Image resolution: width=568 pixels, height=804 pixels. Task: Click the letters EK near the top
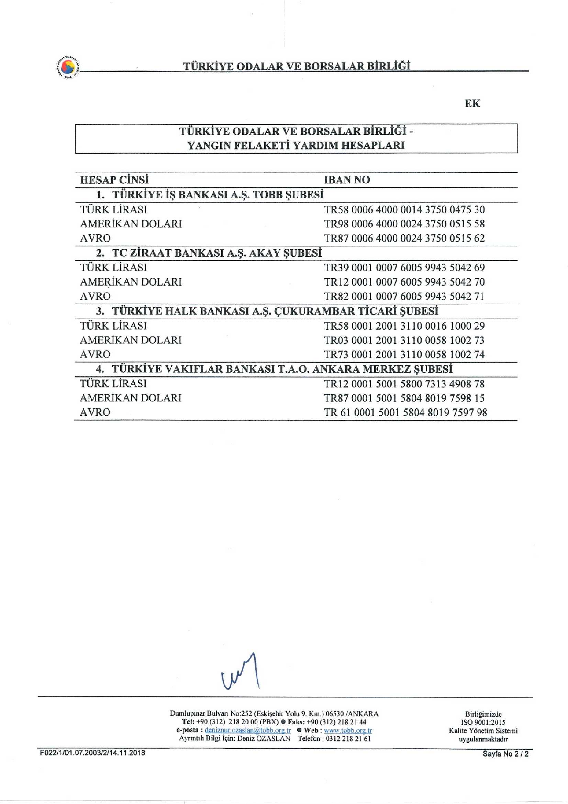pos(472,104)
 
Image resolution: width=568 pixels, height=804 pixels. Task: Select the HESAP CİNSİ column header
pos(114,180)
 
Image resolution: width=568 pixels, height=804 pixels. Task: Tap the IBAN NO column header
pos(346,180)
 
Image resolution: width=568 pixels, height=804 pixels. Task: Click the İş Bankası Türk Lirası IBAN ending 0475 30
pos(404,210)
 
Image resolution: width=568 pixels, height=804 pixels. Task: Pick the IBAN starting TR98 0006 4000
pos(404,224)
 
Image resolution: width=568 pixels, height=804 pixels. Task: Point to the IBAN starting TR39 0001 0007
pos(404,268)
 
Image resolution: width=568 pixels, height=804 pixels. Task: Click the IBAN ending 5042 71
pos(404,297)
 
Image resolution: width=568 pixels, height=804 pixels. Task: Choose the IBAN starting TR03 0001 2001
pos(404,340)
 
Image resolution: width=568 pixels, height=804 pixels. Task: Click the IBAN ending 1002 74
pos(404,355)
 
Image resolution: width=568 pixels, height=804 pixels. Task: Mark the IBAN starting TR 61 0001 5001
pos(405,413)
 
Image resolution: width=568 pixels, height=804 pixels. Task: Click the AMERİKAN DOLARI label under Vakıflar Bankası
pos(131,398)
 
